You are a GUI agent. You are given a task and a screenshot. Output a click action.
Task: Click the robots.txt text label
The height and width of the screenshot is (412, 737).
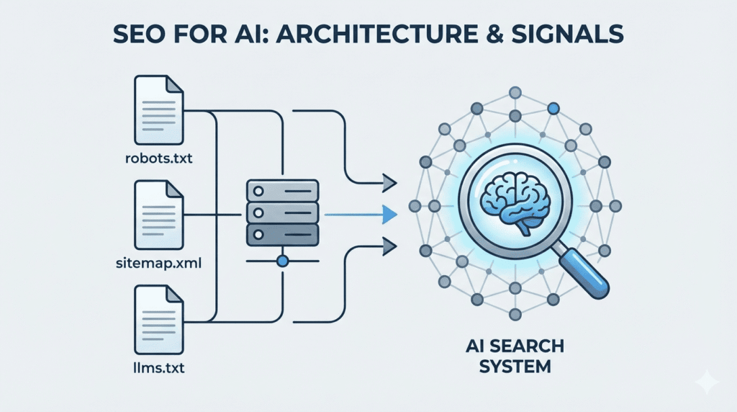click(158, 156)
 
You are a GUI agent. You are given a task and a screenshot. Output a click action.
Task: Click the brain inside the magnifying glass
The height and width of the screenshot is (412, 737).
click(517, 200)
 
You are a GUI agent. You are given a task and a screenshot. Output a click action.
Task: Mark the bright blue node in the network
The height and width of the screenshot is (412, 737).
click(553, 109)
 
